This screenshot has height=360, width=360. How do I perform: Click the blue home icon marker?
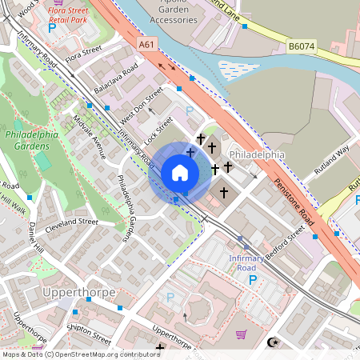180,173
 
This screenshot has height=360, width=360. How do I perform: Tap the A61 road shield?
146,46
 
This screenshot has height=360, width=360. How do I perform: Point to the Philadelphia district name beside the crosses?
257,154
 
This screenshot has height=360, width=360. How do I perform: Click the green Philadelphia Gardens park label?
32,141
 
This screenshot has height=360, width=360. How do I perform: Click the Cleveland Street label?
72,221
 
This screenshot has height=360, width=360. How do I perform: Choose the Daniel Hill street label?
34,240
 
